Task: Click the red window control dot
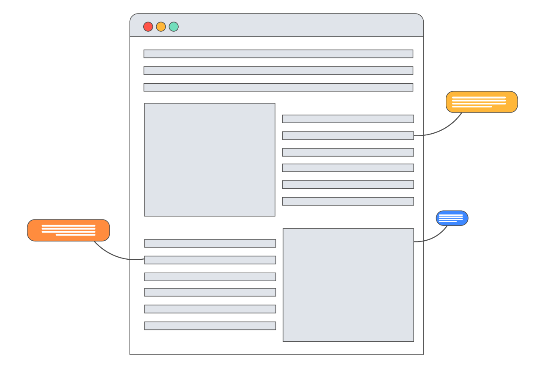(x=148, y=27)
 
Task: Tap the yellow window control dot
(x=161, y=27)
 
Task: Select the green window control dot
(x=174, y=27)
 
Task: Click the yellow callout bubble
(x=482, y=102)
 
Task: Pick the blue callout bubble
(x=452, y=218)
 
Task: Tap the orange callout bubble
(x=68, y=231)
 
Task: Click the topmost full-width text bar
(x=278, y=54)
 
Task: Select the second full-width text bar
(x=278, y=71)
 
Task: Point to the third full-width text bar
(x=278, y=87)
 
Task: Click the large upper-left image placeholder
(x=210, y=159)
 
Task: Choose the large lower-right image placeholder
(x=348, y=285)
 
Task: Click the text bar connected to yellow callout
(x=348, y=135)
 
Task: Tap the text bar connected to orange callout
(x=210, y=260)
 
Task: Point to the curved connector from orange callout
(x=114, y=255)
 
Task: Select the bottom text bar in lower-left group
(x=210, y=326)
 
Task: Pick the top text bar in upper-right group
(x=348, y=119)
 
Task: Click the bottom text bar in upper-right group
(x=348, y=201)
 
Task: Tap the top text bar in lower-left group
(x=210, y=243)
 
